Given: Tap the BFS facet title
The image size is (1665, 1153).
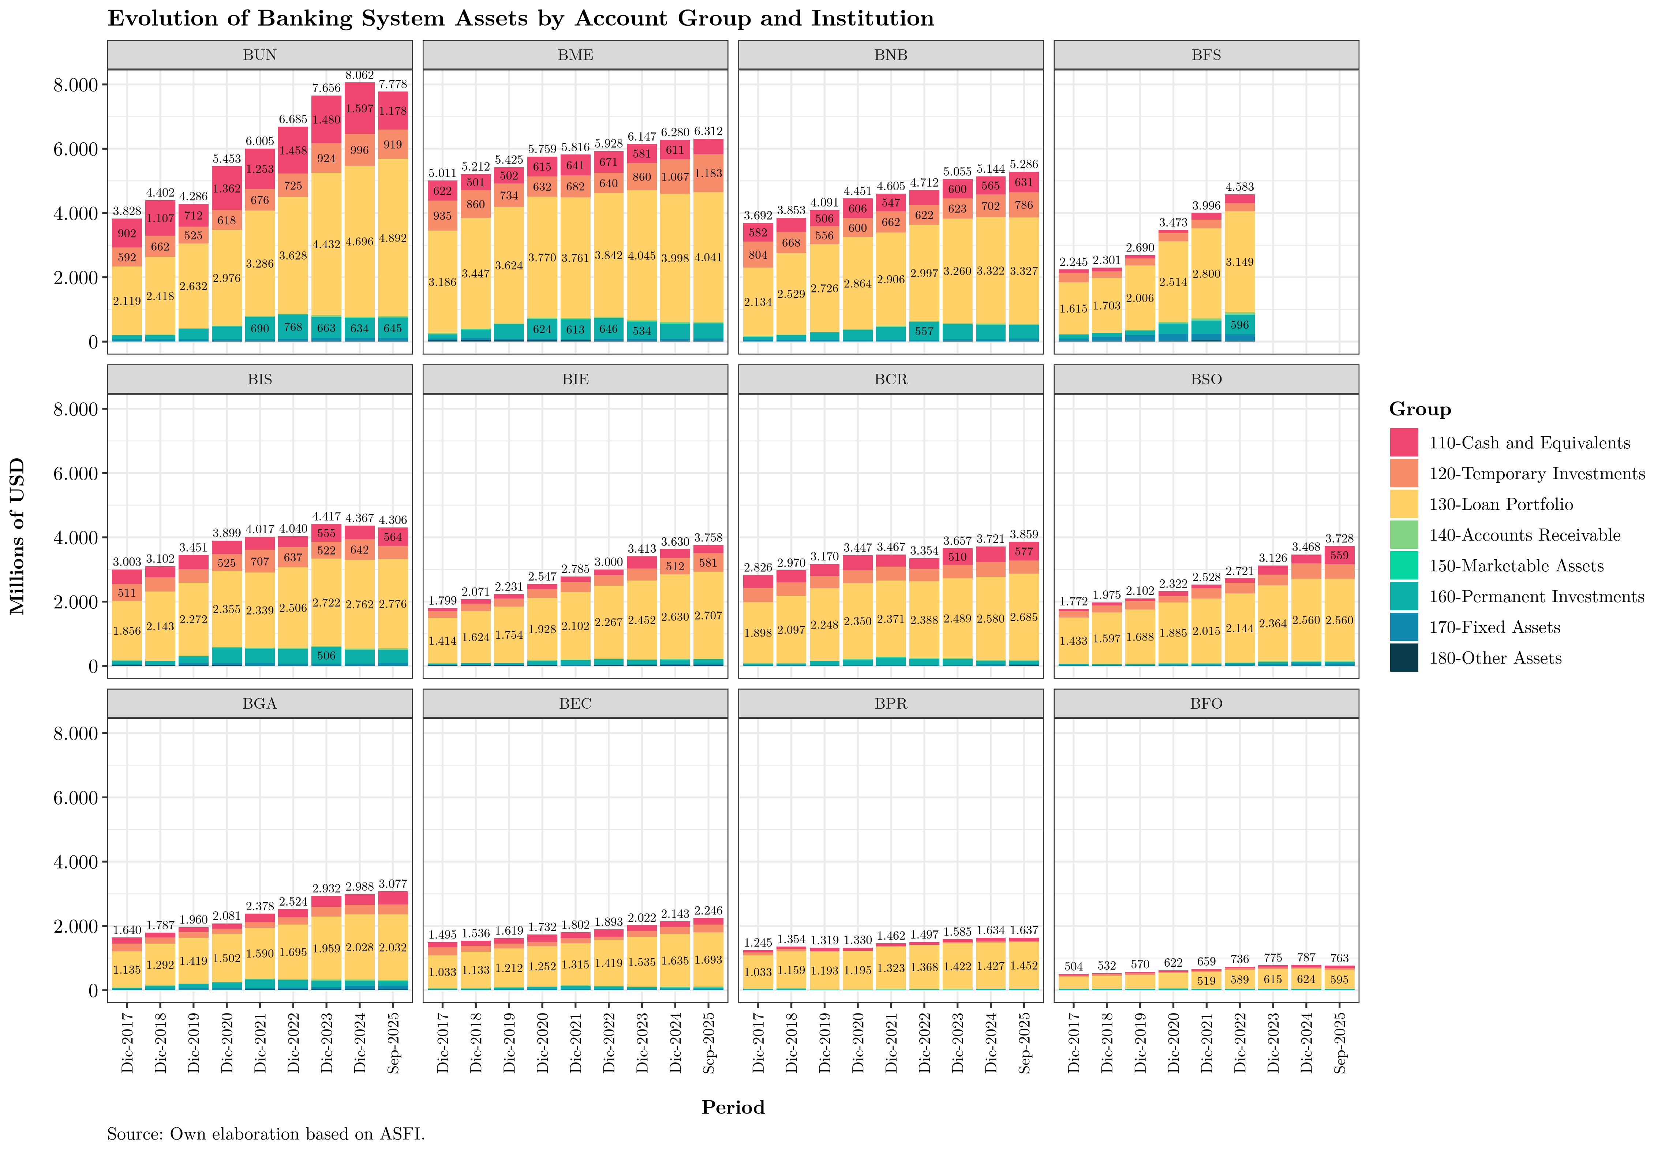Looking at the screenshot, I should (x=1206, y=55).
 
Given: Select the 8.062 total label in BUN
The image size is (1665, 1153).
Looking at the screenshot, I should (x=360, y=75).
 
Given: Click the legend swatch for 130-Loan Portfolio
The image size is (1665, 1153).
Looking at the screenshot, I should (x=1404, y=504).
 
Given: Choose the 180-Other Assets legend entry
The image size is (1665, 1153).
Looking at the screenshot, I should (x=1494, y=658).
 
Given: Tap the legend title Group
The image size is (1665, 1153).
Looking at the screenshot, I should (x=1419, y=410).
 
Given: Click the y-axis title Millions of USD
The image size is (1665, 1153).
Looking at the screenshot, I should (x=17, y=536).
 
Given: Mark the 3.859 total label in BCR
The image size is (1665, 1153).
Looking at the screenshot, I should (x=1024, y=535).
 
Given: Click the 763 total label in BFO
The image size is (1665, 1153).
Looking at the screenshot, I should (x=1339, y=958).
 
